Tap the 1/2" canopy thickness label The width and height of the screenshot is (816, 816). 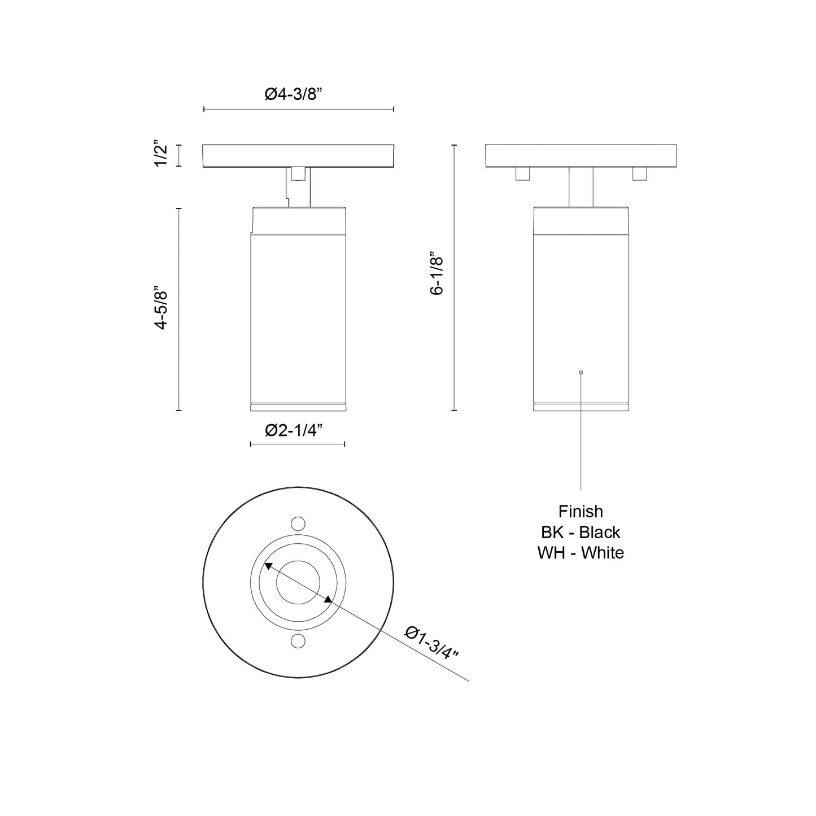(161, 155)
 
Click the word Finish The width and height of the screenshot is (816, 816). (581, 512)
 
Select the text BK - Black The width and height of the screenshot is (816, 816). (581, 532)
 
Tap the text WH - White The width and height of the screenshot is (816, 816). (581, 552)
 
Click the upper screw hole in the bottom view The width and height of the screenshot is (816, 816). (298, 522)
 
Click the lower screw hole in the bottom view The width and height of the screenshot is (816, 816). (298, 640)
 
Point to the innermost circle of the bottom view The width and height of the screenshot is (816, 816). (298, 582)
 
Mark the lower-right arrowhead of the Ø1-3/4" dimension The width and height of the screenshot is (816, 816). (328, 600)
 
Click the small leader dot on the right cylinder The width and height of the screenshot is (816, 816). (581, 372)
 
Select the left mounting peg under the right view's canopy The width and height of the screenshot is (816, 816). (522, 173)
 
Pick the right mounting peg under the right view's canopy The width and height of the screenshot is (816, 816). (639, 173)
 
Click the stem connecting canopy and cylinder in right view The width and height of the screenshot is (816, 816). (581, 187)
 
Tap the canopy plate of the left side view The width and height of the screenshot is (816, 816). (298, 156)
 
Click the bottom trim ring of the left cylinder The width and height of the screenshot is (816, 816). (298, 407)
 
